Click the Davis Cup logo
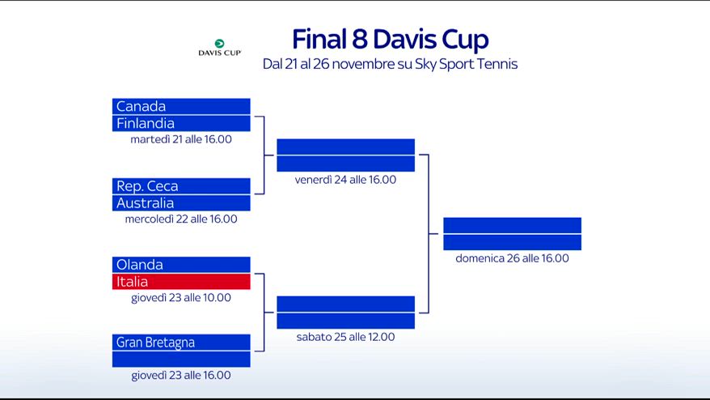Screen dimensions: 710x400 [x=220, y=48]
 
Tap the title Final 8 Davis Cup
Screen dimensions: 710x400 [x=391, y=39]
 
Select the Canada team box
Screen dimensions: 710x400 [x=181, y=106]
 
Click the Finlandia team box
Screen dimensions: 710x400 [x=181, y=123]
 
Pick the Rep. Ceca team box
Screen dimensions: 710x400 [x=181, y=186]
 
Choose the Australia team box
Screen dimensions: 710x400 [x=181, y=203]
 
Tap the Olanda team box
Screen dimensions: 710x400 [x=181, y=265]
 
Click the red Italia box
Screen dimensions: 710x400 [x=181, y=282]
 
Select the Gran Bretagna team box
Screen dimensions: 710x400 [x=181, y=343]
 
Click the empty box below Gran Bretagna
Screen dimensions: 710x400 [x=181, y=360]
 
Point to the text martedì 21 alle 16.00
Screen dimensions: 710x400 [x=181, y=139]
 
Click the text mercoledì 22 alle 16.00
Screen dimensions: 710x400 [x=181, y=219]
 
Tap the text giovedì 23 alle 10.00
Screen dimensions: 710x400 [x=181, y=298]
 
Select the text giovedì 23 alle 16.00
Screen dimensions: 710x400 [x=181, y=376]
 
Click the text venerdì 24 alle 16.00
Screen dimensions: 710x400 [x=345, y=180]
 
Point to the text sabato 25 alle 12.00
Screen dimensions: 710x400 [x=345, y=337]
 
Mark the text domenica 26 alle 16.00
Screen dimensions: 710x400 [x=512, y=258]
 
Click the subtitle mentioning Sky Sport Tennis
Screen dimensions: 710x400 [x=390, y=64]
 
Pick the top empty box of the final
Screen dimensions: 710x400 [x=512, y=225]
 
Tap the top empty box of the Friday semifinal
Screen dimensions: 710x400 [x=345, y=147]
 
